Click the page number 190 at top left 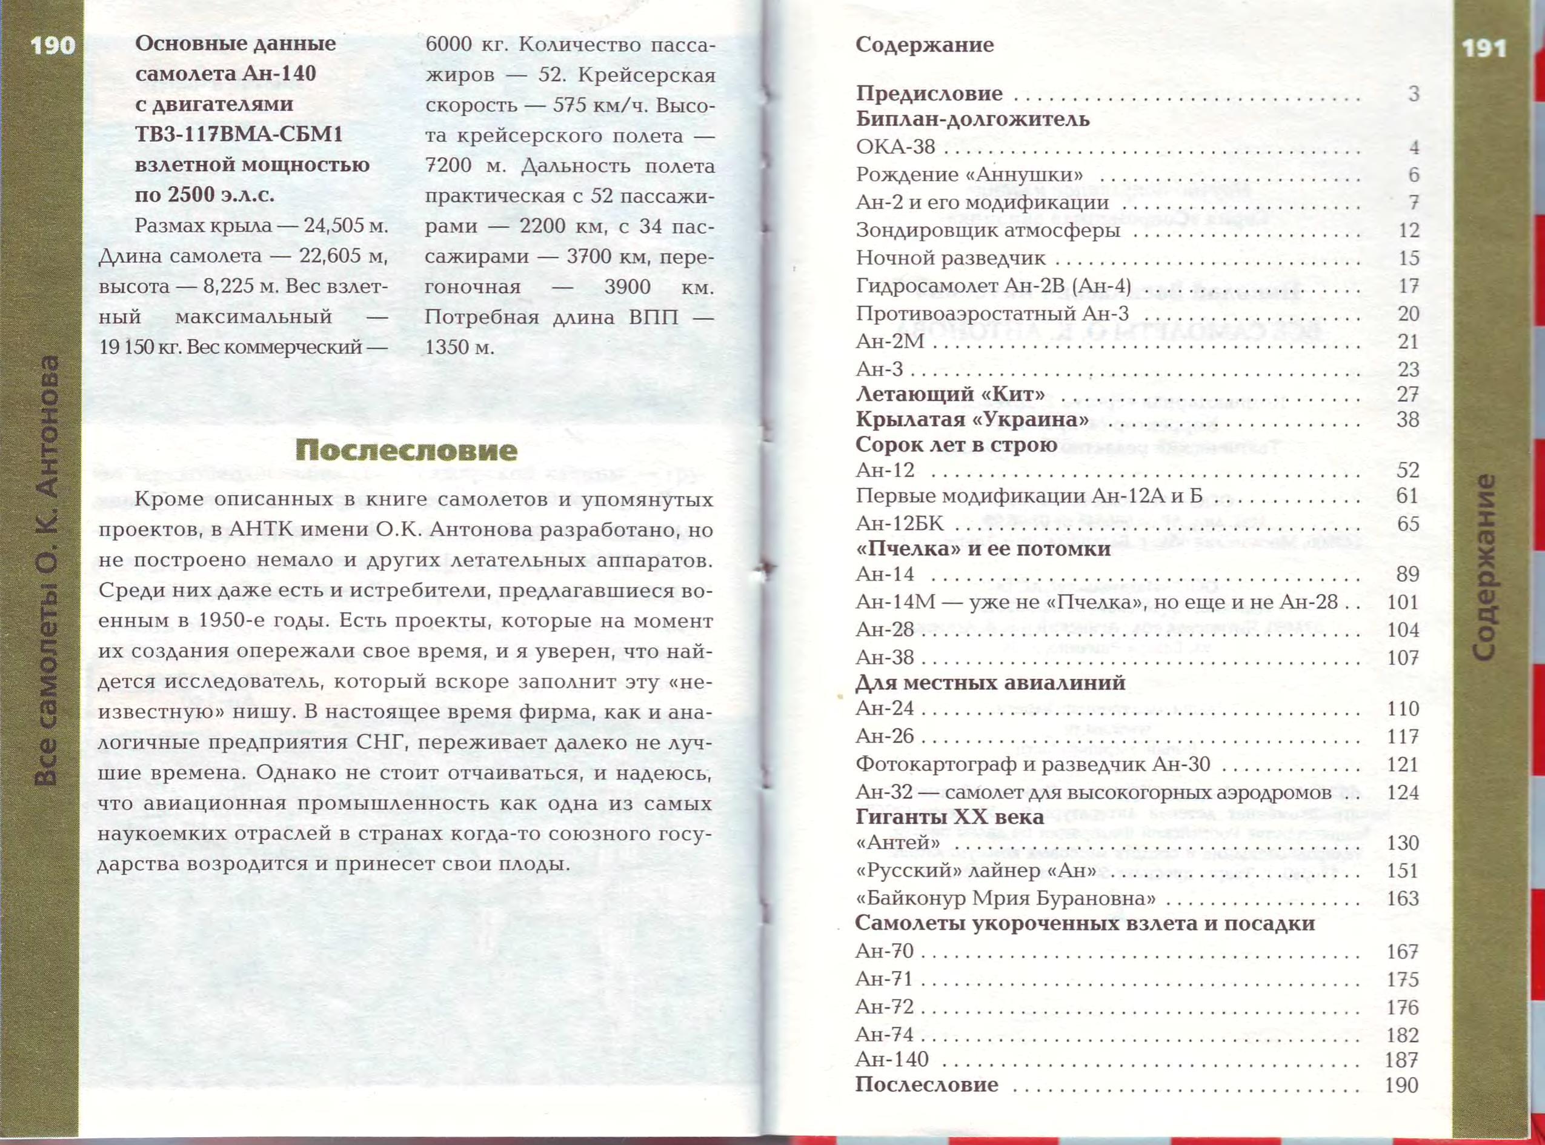53,45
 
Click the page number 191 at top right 1483,48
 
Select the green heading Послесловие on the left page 406,450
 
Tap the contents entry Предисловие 928,93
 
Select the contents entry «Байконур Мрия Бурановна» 1005,898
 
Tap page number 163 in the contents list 1403,898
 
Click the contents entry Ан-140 892,1059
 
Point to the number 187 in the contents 1401,1060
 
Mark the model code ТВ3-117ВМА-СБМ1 239,134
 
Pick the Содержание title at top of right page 924,45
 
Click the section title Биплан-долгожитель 972,119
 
